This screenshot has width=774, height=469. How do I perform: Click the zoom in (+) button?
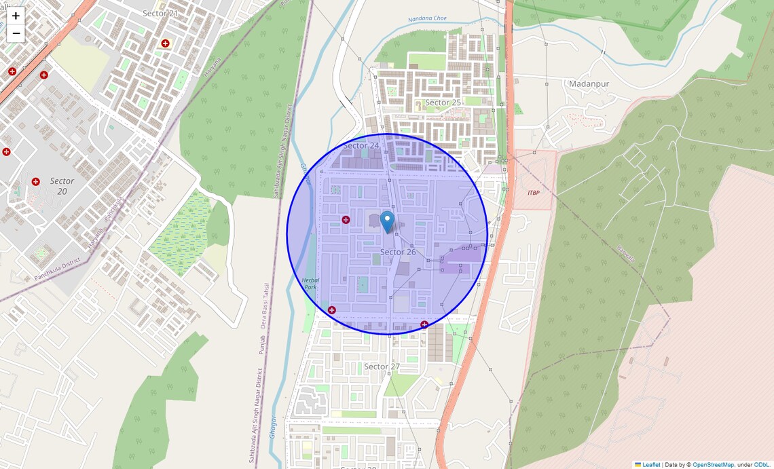pyautogui.click(x=16, y=16)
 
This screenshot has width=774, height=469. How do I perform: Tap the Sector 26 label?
pyautogui.click(x=398, y=252)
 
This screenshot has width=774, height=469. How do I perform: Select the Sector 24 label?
pyautogui.click(x=361, y=145)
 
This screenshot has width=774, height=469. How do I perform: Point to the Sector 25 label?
pyautogui.click(x=443, y=102)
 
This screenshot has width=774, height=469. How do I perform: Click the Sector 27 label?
pyautogui.click(x=382, y=367)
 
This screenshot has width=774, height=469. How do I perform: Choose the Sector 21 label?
pyautogui.click(x=160, y=13)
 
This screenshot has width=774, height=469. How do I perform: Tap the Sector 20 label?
pyautogui.click(x=62, y=186)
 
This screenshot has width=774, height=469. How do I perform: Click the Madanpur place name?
pyautogui.click(x=589, y=83)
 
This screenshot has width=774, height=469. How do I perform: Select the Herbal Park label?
pyautogui.click(x=310, y=283)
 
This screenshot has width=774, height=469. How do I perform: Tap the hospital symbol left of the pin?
pyautogui.click(x=346, y=220)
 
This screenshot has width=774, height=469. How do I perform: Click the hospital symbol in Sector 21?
pyautogui.click(x=165, y=43)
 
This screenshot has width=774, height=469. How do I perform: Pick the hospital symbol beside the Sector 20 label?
pyautogui.click(x=35, y=181)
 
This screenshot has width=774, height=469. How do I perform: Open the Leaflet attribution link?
pyautogui.click(x=651, y=464)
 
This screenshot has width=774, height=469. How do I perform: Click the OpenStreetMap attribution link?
pyautogui.click(x=713, y=464)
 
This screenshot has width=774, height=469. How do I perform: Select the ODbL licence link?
pyautogui.click(x=761, y=464)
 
